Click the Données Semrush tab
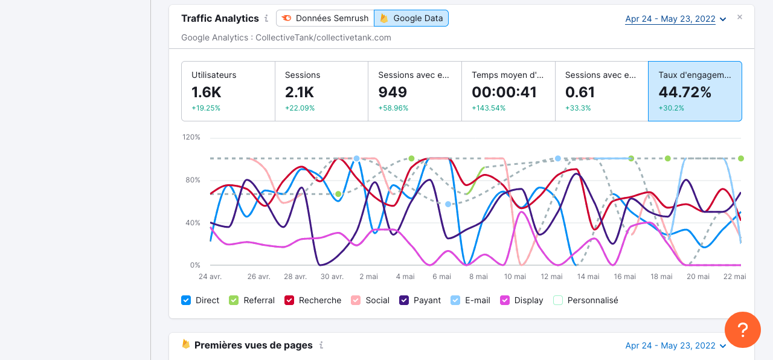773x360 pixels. (x=325, y=18)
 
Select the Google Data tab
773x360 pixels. (x=411, y=18)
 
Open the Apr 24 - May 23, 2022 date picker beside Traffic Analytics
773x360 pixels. (x=675, y=19)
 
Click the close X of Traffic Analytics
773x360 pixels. (x=740, y=17)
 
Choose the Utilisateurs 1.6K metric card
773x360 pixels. (x=228, y=91)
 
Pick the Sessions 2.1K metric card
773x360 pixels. (x=321, y=91)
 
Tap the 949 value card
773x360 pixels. (x=415, y=91)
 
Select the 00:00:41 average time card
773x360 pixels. (x=508, y=91)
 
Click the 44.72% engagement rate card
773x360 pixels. (x=694, y=91)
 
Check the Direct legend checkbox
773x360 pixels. (x=187, y=300)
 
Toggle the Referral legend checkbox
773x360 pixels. (x=233, y=300)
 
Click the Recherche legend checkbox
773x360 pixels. (x=289, y=300)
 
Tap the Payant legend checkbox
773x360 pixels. (x=405, y=300)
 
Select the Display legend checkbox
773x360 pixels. (x=505, y=300)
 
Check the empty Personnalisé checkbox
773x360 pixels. (x=558, y=300)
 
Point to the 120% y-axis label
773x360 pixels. (x=191, y=137)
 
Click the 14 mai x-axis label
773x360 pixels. (x=588, y=277)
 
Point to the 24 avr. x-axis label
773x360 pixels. (x=210, y=277)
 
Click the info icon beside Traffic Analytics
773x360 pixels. (x=266, y=19)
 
